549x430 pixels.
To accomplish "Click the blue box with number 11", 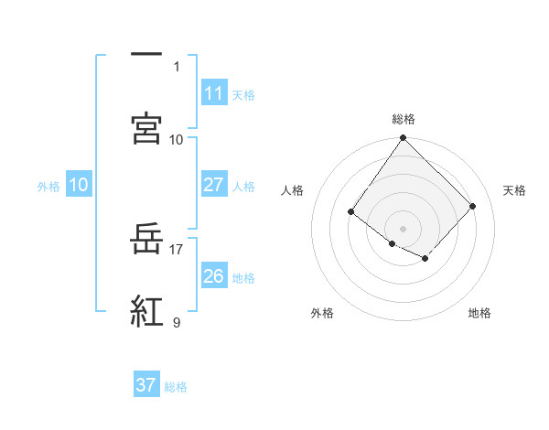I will click(x=213, y=93).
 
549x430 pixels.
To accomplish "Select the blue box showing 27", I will click(x=213, y=184).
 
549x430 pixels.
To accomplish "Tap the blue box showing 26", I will click(x=213, y=275).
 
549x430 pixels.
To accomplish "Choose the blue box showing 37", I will click(x=146, y=385).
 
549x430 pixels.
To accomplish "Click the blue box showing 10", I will click(x=79, y=185).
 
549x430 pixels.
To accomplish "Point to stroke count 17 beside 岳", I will click(x=177, y=248).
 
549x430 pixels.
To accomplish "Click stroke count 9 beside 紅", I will click(x=177, y=322).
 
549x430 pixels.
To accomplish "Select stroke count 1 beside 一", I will click(x=178, y=66).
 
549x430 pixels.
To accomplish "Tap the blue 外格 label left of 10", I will click(x=48, y=186).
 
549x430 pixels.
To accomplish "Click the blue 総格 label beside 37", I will click(x=176, y=386).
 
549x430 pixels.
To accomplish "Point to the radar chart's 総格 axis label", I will click(x=403, y=119).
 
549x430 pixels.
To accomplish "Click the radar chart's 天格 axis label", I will click(x=514, y=190).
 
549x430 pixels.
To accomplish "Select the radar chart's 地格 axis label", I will click(x=479, y=313).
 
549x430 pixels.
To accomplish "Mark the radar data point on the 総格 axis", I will click(x=403, y=138).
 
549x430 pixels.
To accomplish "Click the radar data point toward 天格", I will click(x=472, y=206).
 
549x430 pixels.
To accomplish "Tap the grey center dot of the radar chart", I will click(x=403, y=228).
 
